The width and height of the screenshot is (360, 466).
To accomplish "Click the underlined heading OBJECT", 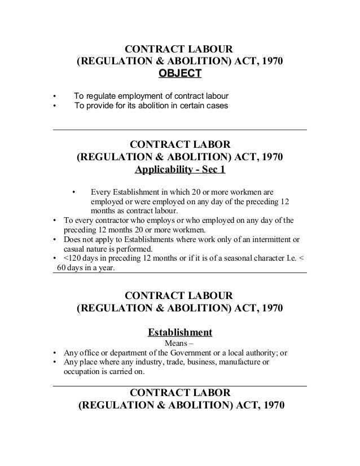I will coord(179,74).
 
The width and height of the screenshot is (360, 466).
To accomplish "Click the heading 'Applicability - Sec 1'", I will coord(179,169).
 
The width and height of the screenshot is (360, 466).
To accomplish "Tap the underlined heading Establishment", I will coord(179,331).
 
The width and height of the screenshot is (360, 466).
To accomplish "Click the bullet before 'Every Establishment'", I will coord(73,191).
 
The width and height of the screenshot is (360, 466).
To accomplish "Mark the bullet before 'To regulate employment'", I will coord(54,94).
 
